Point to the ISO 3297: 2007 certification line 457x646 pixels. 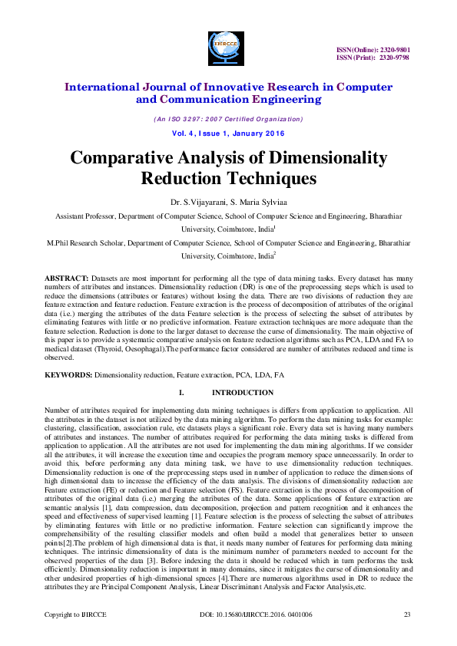[228, 119]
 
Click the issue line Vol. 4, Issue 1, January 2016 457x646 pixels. [228, 133]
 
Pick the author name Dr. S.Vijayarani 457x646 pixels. [195, 202]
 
